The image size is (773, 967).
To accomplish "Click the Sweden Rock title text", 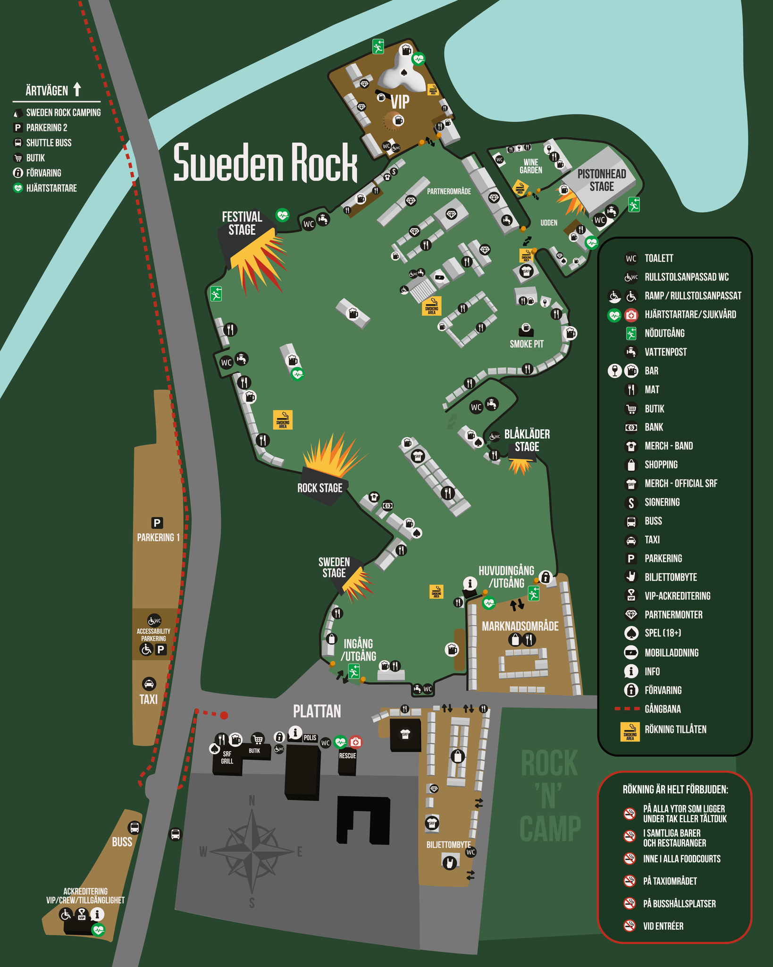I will (x=265, y=162).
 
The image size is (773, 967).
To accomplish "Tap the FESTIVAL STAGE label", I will (x=242, y=223).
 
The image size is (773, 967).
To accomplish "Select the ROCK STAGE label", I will (x=319, y=488).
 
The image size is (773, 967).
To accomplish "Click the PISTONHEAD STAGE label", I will (x=602, y=180).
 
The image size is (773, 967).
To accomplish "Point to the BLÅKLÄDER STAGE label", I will (x=527, y=440).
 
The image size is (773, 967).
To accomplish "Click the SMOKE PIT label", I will (x=526, y=344).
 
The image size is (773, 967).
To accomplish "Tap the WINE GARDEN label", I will (x=530, y=166).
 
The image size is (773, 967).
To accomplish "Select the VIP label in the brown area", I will (x=400, y=102).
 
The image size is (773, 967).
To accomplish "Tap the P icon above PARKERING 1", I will (x=157, y=523).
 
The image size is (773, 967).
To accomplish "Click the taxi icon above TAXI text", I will (x=149, y=684).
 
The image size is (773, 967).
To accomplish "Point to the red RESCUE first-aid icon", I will (x=355, y=742).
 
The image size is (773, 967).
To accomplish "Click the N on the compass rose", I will (x=252, y=800).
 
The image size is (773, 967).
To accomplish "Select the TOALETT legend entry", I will (x=659, y=258).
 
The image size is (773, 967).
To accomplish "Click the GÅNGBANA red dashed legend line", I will (x=627, y=709).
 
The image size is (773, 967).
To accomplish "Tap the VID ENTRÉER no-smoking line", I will (x=663, y=926).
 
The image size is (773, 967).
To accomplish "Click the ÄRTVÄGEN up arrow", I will (x=77, y=89).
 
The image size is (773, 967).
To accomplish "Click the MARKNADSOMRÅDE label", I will (x=520, y=626).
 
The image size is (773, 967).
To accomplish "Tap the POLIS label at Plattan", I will (x=310, y=738).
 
